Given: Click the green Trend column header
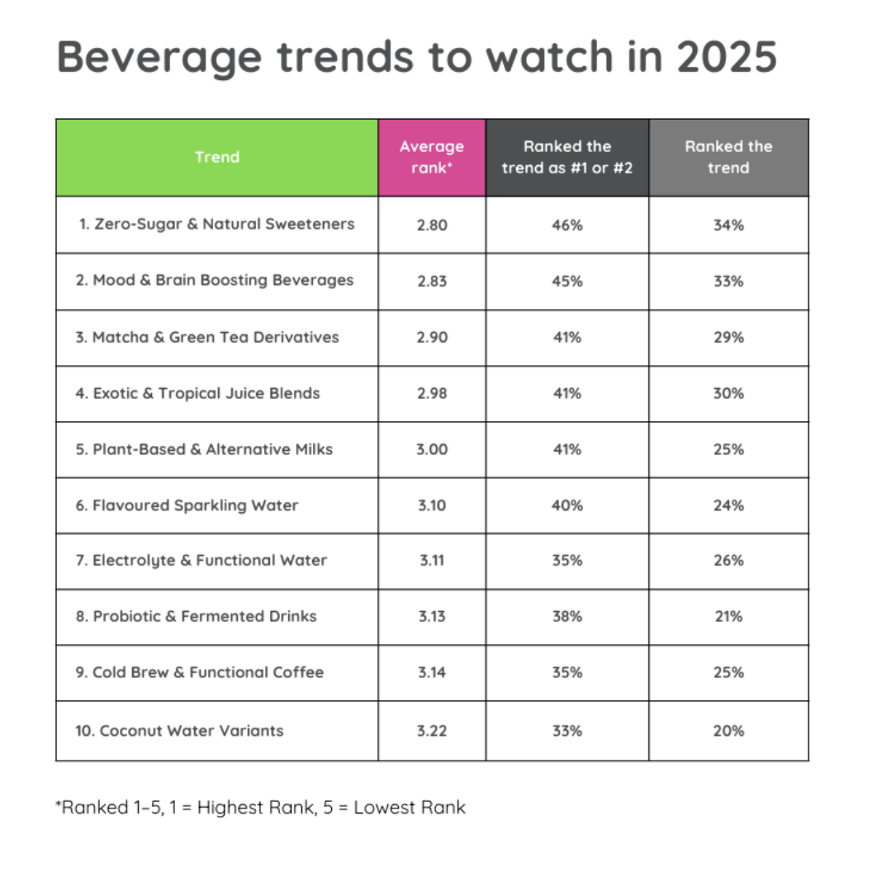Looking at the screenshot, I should pyautogui.click(x=217, y=157).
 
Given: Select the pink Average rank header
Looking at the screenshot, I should pyautogui.click(x=431, y=157).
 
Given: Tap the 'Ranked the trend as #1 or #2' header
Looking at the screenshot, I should pyautogui.click(x=566, y=157).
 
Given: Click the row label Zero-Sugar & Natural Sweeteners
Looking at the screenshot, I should pyautogui.click(x=216, y=224).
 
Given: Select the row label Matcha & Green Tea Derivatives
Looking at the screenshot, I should pyautogui.click(x=207, y=337).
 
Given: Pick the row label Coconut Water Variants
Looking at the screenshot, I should pyautogui.click(x=179, y=730).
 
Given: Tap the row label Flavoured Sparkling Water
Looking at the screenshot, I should pyautogui.click(x=187, y=505).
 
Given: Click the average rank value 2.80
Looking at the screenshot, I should pyautogui.click(x=431, y=225).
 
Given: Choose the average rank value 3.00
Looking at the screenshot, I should pyautogui.click(x=431, y=449).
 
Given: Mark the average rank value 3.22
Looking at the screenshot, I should pyautogui.click(x=431, y=731).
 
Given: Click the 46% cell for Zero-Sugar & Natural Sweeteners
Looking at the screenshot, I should pyautogui.click(x=566, y=225).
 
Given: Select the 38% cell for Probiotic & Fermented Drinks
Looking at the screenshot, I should pyautogui.click(x=566, y=616).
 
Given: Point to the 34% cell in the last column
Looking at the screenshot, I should pyautogui.click(x=728, y=225).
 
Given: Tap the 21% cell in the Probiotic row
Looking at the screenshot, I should pyautogui.click(x=728, y=616).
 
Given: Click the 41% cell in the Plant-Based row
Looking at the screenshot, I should pyautogui.click(x=566, y=449).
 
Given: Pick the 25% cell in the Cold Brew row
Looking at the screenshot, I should pyautogui.click(x=728, y=672).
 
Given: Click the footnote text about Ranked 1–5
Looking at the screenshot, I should pyautogui.click(x=261, y=807).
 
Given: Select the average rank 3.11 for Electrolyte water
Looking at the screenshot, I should pyautogui.click(x=431, y=560).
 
